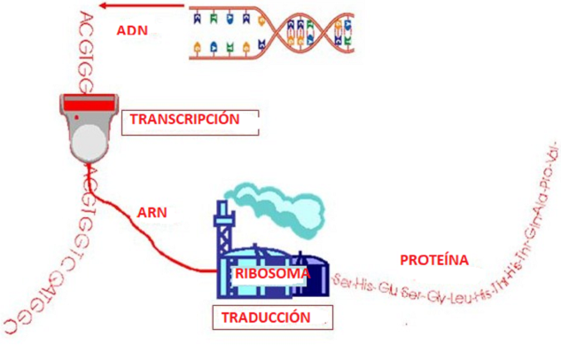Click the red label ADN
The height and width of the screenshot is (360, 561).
[x=132, y=30]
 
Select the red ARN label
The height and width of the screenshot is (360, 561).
[x=152, y=213]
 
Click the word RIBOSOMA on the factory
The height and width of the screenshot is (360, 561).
[x=271, y=274]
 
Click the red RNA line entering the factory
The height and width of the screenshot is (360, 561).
[x=191, y=263]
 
